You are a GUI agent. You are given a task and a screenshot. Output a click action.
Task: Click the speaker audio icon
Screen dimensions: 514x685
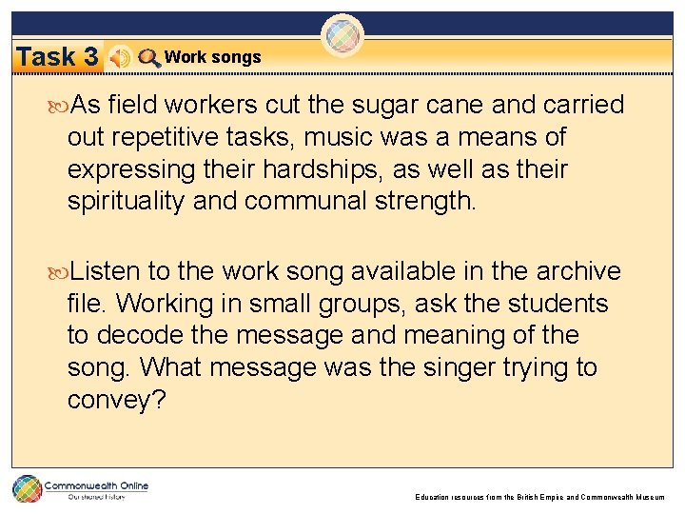tap(120, 58)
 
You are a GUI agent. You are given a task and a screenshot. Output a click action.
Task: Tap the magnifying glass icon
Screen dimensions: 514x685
tap(148, 58)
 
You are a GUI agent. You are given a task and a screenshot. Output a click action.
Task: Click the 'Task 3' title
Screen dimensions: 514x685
tap(58, 57)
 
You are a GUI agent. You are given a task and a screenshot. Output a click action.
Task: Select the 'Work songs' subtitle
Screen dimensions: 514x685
tap(212, 57)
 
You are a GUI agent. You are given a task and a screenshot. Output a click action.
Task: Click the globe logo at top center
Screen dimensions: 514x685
tap(342, 37)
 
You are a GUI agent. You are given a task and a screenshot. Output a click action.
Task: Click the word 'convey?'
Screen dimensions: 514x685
tap(116, 401)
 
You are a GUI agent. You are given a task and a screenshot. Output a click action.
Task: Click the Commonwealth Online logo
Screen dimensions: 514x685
tap(81, 489)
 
